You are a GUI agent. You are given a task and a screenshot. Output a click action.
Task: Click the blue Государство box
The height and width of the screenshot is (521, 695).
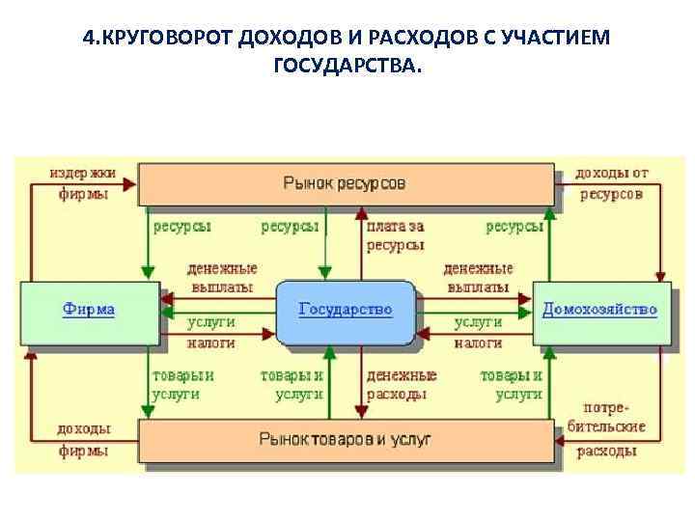tap(347, 312)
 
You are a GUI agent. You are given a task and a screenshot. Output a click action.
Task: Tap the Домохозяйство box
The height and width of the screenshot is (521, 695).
tap(600, 311)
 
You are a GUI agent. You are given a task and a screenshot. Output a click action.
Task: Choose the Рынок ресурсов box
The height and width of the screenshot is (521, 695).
tap(346, 182)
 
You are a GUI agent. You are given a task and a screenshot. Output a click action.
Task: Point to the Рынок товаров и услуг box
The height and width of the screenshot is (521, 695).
tap(346, 439)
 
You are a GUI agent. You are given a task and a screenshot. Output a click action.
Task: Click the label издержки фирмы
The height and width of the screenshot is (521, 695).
tap(83, 183)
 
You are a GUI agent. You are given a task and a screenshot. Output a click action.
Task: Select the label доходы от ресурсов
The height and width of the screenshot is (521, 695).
tap(612, 183)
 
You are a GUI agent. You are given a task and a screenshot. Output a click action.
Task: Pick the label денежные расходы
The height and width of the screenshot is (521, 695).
tap(401, 384)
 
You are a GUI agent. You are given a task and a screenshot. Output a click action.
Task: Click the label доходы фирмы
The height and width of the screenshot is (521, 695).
tap(84, 440)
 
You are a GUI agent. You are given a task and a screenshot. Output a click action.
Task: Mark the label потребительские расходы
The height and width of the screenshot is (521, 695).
tap(610, 428)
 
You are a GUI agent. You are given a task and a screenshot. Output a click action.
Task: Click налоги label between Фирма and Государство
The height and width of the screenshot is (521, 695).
tap(210, 343)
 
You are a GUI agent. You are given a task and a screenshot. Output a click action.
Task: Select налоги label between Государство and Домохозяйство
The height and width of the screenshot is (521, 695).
tap(478, 343)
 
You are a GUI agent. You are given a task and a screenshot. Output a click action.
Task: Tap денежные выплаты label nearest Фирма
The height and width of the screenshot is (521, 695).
tap(222, 278)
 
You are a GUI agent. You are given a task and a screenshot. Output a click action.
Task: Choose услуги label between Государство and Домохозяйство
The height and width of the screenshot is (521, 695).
tap(478, 322)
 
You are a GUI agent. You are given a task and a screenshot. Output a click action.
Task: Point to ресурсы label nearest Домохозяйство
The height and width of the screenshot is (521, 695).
tap(514, 227)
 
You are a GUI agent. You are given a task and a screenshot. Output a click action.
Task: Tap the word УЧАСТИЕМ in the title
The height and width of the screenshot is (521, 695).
tap(567, 38)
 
